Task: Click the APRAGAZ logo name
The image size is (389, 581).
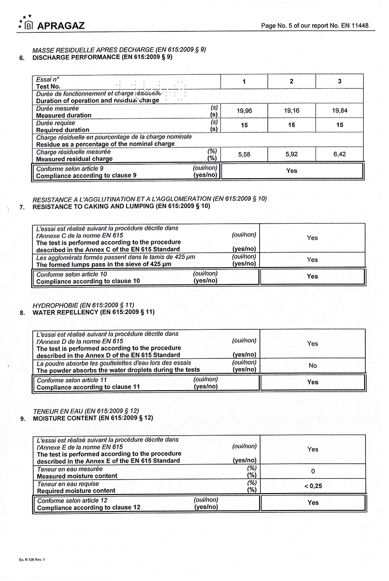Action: pos(61,26)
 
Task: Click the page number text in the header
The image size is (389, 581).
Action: pos(317,26)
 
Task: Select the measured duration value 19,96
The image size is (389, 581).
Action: pos(244,111)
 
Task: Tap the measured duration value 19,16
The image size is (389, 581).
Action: pos(291,111)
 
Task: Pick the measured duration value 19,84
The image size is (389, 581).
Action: pos(339,111)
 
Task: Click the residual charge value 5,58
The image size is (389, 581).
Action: pos(244,155)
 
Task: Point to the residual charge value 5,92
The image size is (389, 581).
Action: pos(291,155)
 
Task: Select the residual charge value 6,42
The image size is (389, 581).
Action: pos(339,155)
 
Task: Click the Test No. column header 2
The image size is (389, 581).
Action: pos(291,82)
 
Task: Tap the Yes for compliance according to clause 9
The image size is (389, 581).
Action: pos(291,171)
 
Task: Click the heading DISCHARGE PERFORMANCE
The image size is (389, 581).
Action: pos(102,57)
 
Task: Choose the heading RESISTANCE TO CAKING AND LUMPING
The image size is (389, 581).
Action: pos(121,207)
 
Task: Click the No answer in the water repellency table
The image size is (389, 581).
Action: pos(313,366)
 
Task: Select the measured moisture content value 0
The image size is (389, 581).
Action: pos(313,471)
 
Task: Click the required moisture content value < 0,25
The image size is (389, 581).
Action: pos(313,486)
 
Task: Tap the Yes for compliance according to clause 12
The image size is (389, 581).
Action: pos(313,503)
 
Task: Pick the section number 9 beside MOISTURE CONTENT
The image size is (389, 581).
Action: pos(22,419)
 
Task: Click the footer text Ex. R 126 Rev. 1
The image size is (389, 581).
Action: pos(32,559)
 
